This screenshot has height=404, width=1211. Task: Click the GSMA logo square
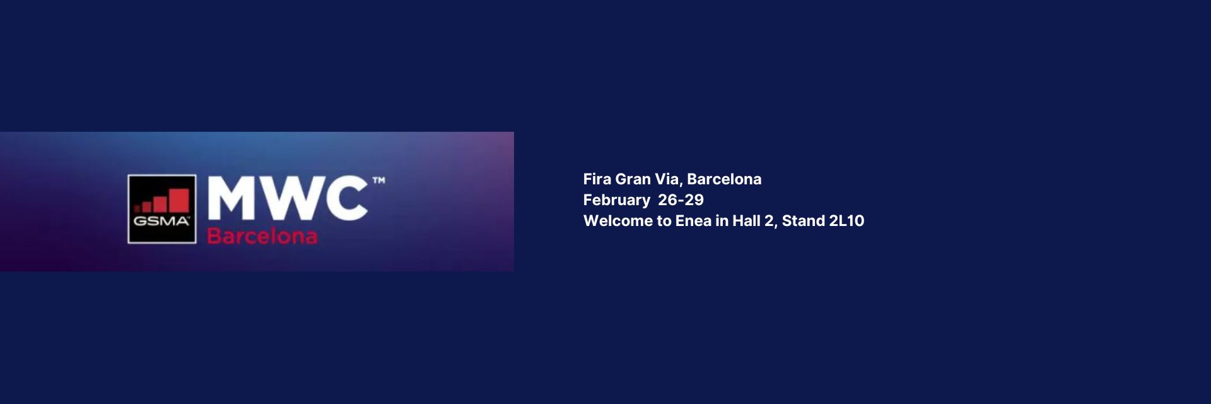162,209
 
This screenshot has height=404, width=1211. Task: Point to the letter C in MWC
345,199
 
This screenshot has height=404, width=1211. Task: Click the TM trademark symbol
378,181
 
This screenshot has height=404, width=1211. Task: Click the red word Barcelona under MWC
262,236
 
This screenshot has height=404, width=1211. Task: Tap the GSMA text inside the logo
161,222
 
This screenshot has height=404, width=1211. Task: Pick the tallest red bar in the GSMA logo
179,199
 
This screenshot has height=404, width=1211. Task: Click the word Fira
597,179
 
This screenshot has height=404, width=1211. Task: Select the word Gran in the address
633,179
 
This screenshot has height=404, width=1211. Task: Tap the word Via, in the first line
669,180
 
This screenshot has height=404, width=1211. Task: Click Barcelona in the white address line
724,179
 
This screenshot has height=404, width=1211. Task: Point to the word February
617,201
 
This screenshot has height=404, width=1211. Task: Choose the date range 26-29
681,200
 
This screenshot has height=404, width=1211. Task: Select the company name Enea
693,221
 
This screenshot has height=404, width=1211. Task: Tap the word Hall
746,221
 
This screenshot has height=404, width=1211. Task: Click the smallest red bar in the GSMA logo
137,208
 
